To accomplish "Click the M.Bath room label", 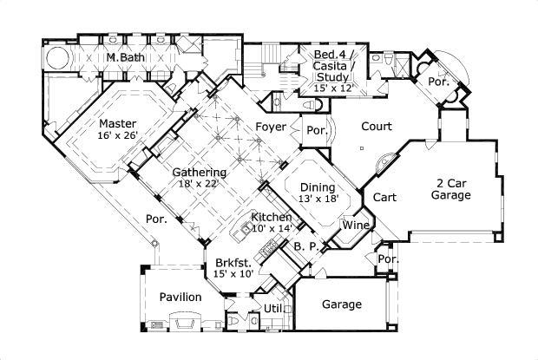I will (125, 58).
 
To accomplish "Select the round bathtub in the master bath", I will (56, 57).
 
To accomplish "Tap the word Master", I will (115, 123).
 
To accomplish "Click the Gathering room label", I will (194, 172).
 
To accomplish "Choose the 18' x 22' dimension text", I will (194, 184).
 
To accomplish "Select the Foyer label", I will (271, 128).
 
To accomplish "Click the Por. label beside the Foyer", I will (316, 132).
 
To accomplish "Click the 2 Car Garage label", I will (452, 189).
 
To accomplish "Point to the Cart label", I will (384, 197).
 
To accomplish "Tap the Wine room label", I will (356, 226).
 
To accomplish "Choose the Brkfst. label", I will (233, 262).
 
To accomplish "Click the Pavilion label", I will (180, 298).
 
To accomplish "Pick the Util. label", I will (275, 308).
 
